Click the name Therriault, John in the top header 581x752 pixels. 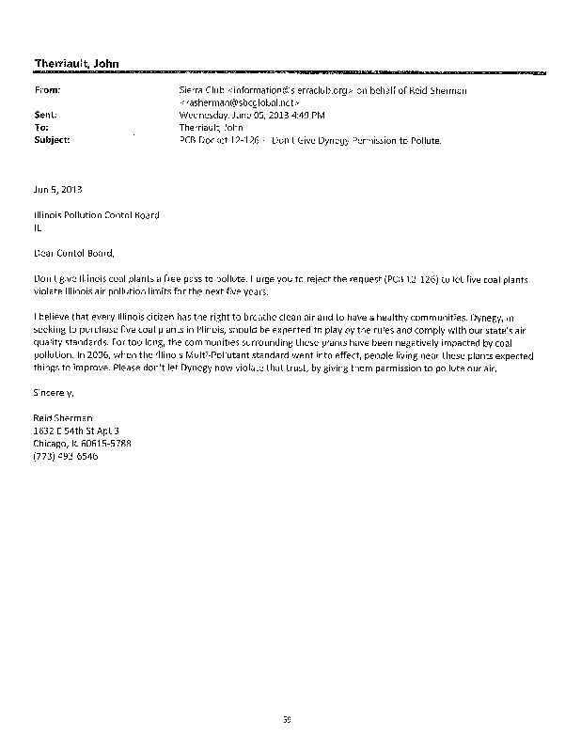tap(76, 62)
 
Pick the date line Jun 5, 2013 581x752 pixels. tap(52, 189)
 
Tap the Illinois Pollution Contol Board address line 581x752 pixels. tap(96, 215)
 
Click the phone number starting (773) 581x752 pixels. tap(65, 456)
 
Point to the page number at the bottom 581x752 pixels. tap(288, 719)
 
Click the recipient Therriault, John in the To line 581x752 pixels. tap(208, 127)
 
